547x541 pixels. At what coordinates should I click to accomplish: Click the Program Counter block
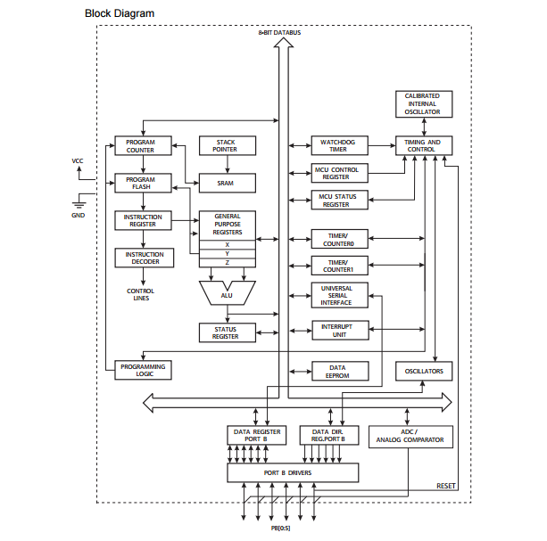click(x=140, y=146)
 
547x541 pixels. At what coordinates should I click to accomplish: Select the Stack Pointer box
click(x=226, y=146)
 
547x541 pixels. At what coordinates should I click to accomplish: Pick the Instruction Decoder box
click(x=144, y=258)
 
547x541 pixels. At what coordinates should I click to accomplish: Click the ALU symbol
click(x=227, y=292)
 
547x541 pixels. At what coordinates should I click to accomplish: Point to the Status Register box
click(x=226, y=332)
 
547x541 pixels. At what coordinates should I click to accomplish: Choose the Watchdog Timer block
click(x=337, y=146)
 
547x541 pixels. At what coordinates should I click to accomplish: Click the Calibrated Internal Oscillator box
click(x=423, y=104)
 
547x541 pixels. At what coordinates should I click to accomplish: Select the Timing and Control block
click(x=423, y=146)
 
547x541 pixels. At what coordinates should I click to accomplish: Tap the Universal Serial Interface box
click(x=337, y=295)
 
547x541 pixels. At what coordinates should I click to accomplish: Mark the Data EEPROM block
click(x=337, y=371)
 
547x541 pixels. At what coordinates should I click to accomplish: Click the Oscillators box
click(x=424, y=371)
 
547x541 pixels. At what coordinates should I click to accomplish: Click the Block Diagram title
click(x=120, y=13)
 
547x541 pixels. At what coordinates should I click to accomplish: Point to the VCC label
click(x=79, y=161)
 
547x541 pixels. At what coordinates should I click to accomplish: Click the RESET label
click(x=446, y=486)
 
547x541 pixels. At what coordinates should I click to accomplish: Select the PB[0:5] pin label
click(x=281, y=529)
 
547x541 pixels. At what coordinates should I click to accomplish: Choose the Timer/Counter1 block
click(x=337, y=266)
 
